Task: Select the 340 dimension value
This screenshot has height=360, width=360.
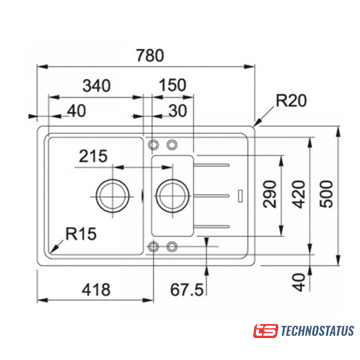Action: pos(96,85)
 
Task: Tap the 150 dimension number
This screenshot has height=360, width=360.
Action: pos(172,85)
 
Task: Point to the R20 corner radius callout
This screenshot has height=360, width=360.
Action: pos(290,101)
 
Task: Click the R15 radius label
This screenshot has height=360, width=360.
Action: pos(81,233)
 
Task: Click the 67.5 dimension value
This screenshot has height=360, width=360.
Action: pos(186,290)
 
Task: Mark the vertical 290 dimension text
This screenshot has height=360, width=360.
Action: pos(271,194)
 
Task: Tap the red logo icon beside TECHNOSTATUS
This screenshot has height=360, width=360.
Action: pos(265,331)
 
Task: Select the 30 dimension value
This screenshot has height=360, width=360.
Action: pos(176,111)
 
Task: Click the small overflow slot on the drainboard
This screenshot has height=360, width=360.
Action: pos(240,196)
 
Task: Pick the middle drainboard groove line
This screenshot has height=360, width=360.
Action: pos(213,196)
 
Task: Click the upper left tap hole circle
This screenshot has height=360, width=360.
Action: pos(153,145)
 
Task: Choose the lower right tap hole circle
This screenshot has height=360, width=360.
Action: pos(172,246)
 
